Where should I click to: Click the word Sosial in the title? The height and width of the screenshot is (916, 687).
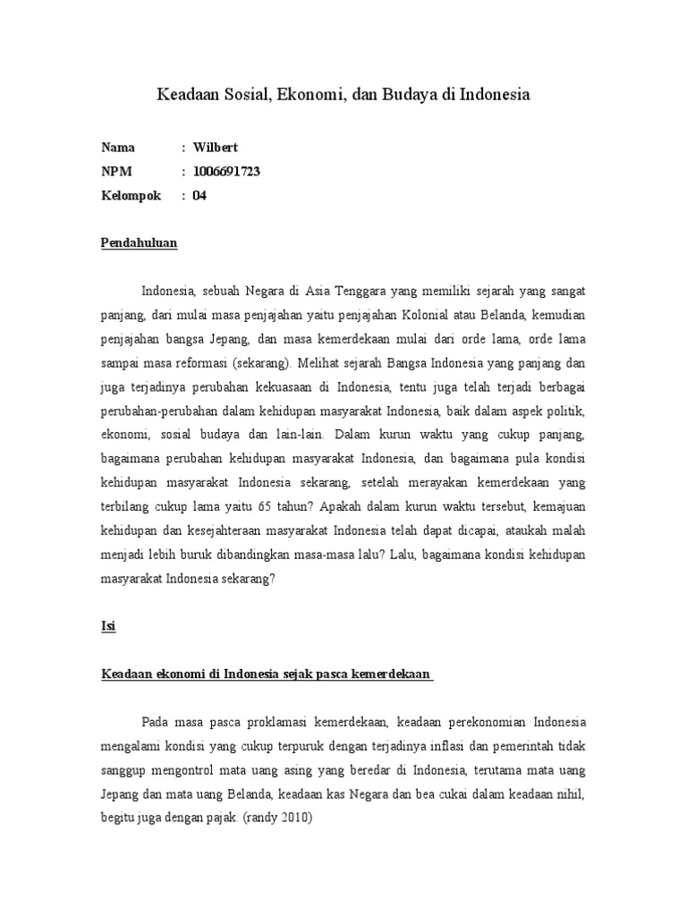(239, 94)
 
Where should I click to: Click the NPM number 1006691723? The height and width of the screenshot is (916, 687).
(226, 172)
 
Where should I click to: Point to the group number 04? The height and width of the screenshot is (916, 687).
(199, 196)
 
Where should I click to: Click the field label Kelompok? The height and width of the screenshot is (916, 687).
(131, 196)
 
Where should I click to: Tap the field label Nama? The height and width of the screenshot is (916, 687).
(118, 148)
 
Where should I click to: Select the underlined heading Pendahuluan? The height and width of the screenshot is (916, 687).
(139, 242)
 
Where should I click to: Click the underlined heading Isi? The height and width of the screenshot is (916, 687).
(107, 627)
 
